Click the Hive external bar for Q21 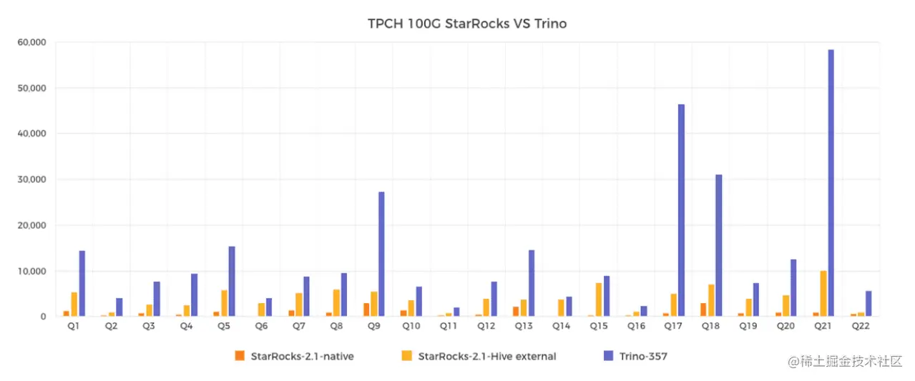(823, 294)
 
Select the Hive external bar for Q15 (599, 300)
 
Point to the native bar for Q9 (366, 310)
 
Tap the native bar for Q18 (703, 310)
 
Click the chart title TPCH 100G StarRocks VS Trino (466, 24)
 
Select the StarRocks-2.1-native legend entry (294, 355)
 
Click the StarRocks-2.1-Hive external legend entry (480, 355)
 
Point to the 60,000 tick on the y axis (31, 42)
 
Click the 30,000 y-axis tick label (31, 179)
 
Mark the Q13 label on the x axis (524, 325)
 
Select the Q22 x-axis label (861, 325)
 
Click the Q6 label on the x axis (261, 325)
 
